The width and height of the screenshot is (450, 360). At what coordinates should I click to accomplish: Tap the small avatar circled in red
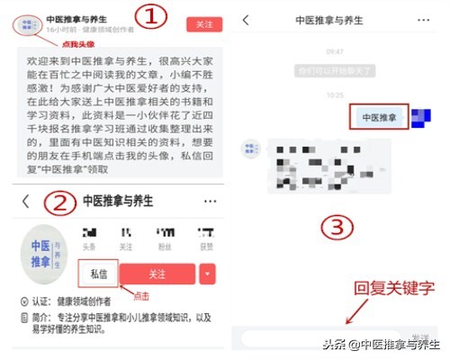(x=30, y=23)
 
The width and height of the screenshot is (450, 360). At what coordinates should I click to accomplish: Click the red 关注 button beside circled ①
(x=204, y=24)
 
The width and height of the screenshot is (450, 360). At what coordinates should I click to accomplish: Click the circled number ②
(x=58, y=202)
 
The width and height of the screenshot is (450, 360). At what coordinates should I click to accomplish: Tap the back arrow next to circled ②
(x=25, y=202)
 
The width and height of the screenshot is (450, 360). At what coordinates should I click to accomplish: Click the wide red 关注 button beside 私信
(x=157, y=273)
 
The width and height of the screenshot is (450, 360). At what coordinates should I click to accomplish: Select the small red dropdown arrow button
(x=208, y=273)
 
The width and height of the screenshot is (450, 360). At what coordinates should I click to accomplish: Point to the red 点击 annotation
(x=141, y=295)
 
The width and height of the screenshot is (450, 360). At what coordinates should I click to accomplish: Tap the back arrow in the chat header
(x=246, y=19)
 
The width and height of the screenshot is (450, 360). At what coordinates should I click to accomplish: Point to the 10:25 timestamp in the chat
(x=335, y=94)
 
